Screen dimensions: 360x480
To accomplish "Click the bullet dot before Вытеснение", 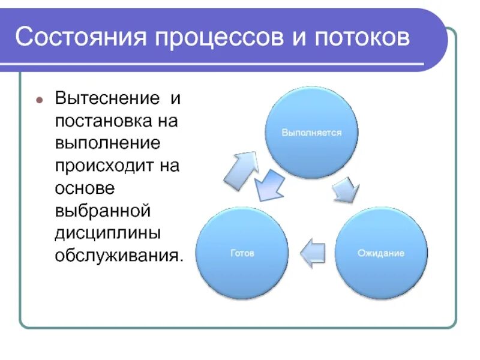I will pos(40,98).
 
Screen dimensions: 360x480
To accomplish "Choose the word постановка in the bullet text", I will pos(103,121).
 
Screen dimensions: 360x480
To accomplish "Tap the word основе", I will pos(85,188).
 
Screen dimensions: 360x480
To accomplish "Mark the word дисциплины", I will pos(107,233).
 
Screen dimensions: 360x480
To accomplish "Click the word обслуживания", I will pos(118,256).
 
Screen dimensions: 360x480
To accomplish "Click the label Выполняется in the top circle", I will pos(311,133).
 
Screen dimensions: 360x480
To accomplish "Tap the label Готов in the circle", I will pos(242,253).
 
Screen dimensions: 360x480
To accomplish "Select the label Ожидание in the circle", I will pos(380,253).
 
